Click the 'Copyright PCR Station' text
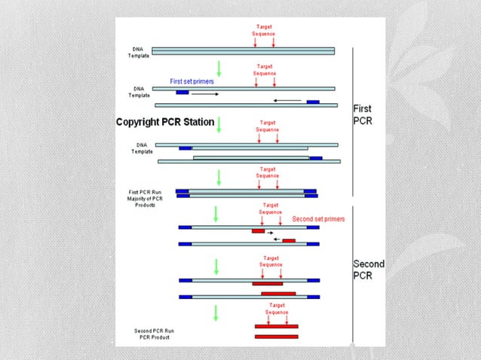pos(164,121)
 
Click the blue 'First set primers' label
pos(192,81)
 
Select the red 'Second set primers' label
pos(317,219)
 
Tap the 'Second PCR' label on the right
pos(369,270)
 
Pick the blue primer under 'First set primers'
pos(182,93)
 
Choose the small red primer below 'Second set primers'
pos(259,231)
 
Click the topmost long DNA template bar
pos(244,51)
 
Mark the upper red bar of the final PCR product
pos(276,326)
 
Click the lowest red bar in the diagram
pos(276,336)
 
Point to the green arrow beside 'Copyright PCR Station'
pos(219,124)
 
